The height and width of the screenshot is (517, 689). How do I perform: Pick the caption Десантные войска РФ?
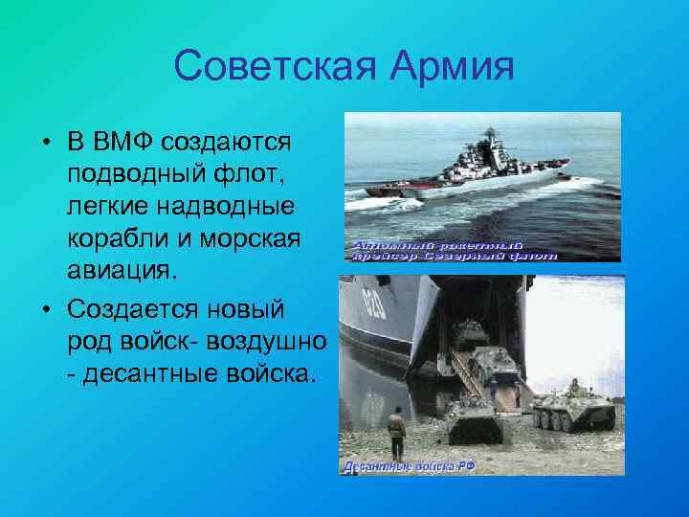tap(409, 466)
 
